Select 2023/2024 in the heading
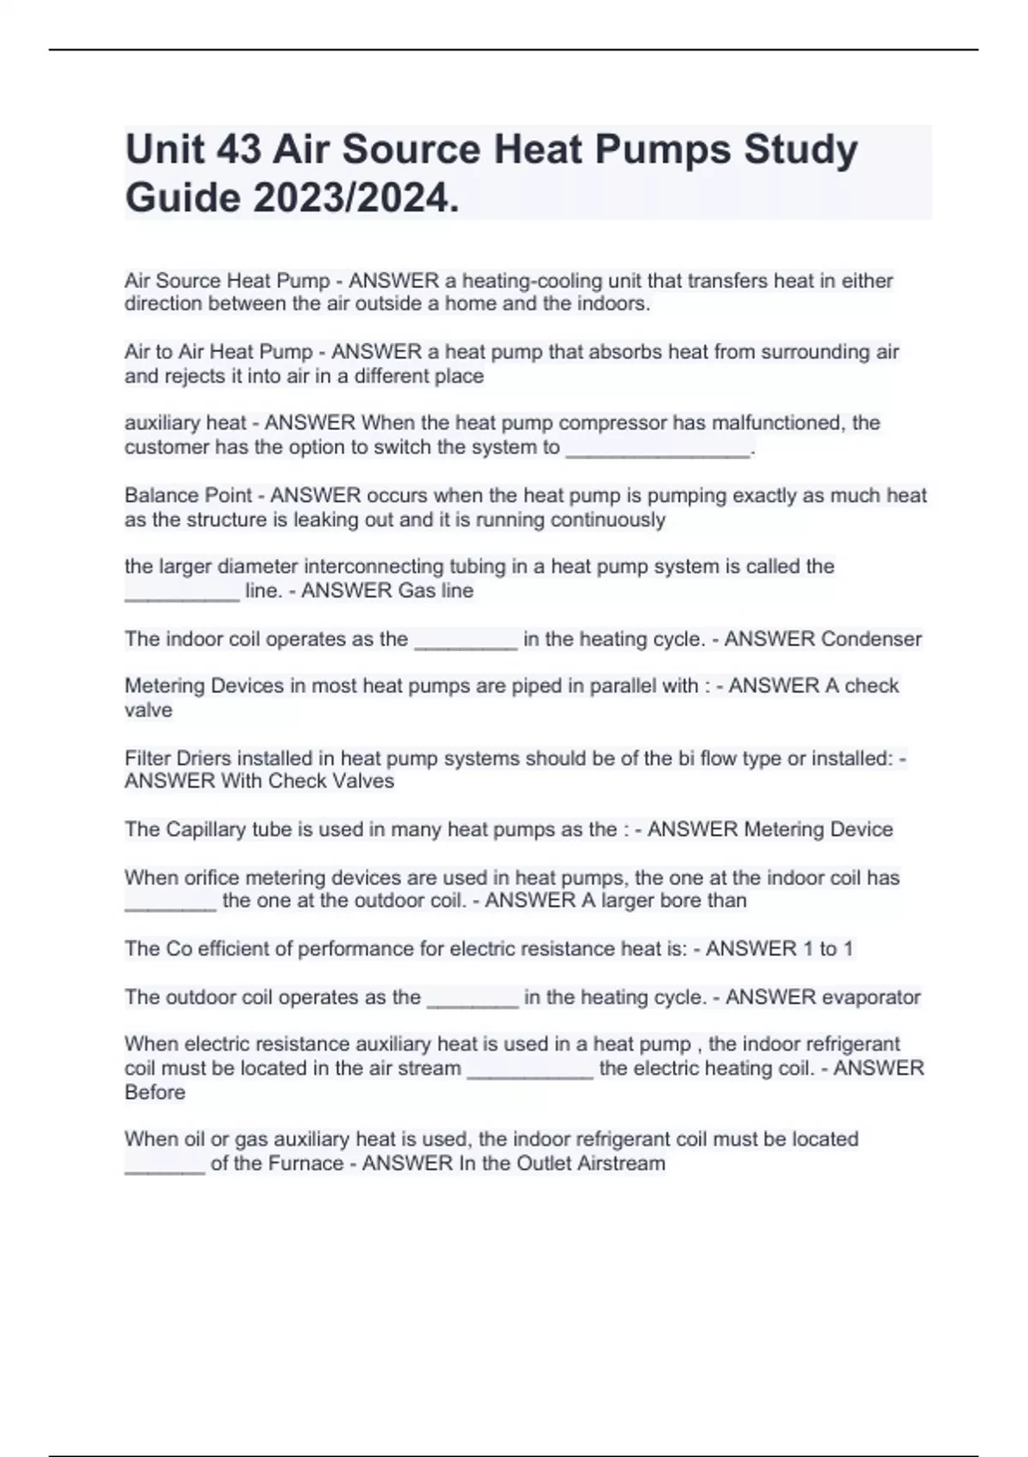click(356, 199)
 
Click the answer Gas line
click(436, 591)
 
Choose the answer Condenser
click(871, 639)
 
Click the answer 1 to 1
click(825, 949)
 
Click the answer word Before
click(155, 1093)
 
